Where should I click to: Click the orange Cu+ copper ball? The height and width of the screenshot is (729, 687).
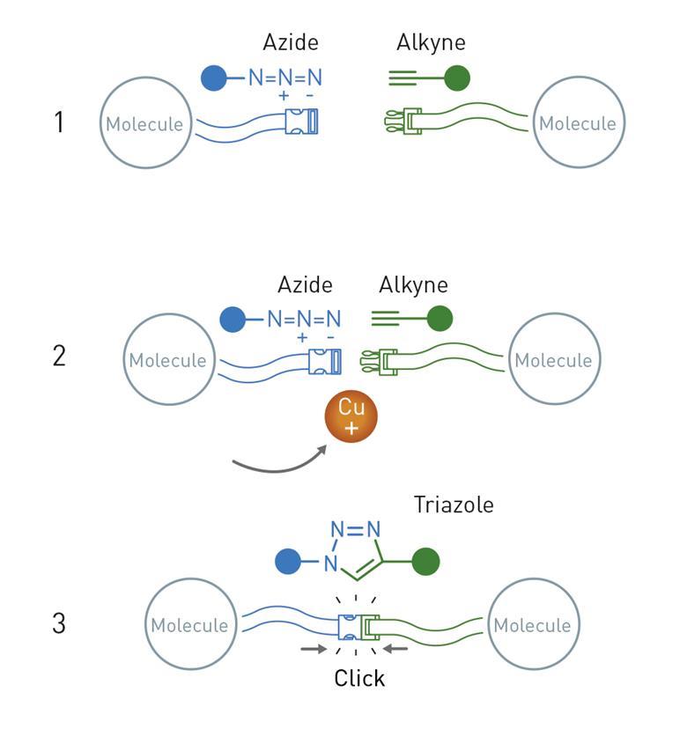point(351,418)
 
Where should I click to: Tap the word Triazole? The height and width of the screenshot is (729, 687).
point(454,505)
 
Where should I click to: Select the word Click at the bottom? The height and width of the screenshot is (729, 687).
point(359,678)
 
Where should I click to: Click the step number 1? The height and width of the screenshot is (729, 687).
point(59,122)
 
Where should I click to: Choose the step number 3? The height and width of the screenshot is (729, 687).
point(59,623)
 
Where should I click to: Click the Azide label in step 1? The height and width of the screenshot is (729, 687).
point(290,42)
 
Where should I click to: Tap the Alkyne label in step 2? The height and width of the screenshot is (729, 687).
point(414,285)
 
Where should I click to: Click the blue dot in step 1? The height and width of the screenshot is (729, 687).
point(213,78)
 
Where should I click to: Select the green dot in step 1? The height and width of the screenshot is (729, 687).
point(457,79)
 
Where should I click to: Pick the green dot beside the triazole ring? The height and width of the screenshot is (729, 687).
point(426,561)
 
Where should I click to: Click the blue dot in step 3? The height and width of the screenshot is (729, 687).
point(287,561)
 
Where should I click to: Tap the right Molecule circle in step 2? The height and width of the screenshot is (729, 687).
point(554,360)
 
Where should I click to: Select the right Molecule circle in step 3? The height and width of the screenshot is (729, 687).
point(532,626)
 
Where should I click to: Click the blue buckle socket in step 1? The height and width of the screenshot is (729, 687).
point(303,122)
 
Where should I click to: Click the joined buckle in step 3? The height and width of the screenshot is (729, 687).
point(359,626)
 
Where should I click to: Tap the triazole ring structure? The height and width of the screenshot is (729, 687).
point(354,550)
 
